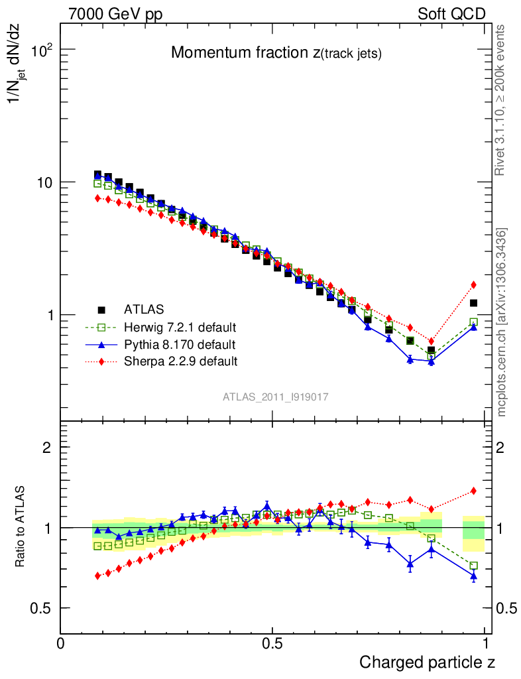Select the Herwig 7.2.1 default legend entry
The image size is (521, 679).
[x=180, y=327]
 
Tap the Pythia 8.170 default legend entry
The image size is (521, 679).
[x=179, y=344]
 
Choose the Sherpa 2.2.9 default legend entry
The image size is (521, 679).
[x=180, y=361]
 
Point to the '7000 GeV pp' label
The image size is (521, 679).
[x=115, y=14]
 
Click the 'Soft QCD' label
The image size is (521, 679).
[x=451, y=14]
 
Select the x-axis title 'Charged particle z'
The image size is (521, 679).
[x=427, y=662]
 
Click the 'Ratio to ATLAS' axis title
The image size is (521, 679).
[x=21, y=526]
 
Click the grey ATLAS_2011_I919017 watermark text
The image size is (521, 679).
[x=276, y=397]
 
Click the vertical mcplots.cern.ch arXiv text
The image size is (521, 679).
[x=502, y=322]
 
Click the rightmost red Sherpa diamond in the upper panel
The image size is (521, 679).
[x=473, y=285]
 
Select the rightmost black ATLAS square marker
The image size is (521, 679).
[x=473, y=303]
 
